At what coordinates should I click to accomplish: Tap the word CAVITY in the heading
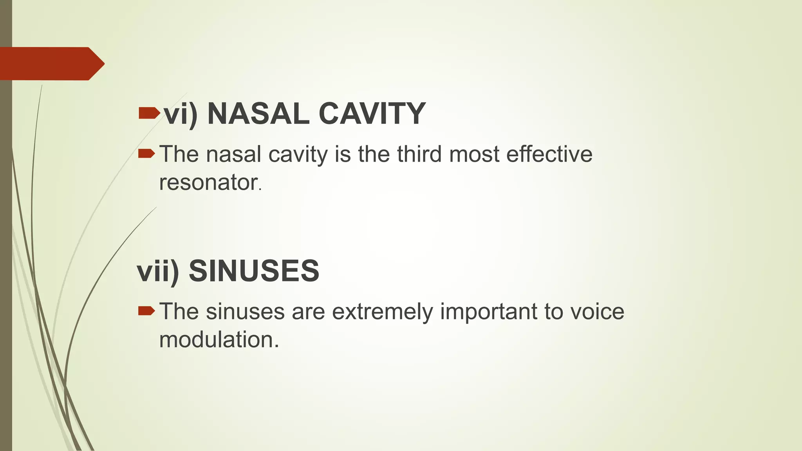pyautogui.click(x=372, y=114)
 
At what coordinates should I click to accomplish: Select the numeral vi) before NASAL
pyautogui.click(x=181, y=114)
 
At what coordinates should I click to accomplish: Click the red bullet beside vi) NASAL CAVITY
pyautogui.click(x=149, y=114)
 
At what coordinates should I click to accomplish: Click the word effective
pyautogui.click(x=549, y=154)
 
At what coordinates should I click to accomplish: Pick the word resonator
pyautogui.click(x=208, y=182)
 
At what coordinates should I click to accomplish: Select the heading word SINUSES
pyautogui.click(x=254, y=271)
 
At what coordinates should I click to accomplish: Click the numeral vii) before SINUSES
pyautogui.click(x=158, y=271)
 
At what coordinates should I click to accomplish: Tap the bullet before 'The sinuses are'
pyautogui.click(x=147, y=311)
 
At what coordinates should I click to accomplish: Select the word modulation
pyautogui.click(x=219, y=339)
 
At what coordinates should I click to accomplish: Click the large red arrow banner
pyautogui.click(x=51, y=64)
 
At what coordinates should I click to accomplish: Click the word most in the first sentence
pyautogui.click(x=474, y=154)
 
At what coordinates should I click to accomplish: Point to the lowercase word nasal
pyautogui.click(x=233, y=154)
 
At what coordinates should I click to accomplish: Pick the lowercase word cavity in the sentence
pyautogui.click(x=298, y=155)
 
